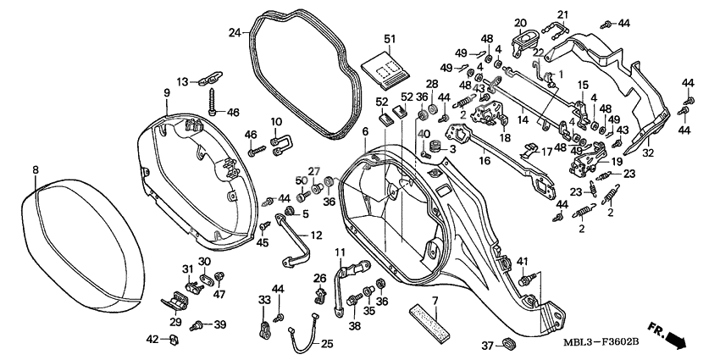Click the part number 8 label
pos(35,170)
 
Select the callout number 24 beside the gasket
pos(234,32)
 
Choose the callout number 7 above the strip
pos(435,302)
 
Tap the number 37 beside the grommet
pos(487,345)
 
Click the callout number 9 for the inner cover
pos(167,92)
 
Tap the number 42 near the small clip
pos(152,339)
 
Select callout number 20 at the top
pos(520,23)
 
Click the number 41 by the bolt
pos(522,260)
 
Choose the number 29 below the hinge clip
pos(175,322)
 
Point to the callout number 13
pos(182,81)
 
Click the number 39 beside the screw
pos(219,324)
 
